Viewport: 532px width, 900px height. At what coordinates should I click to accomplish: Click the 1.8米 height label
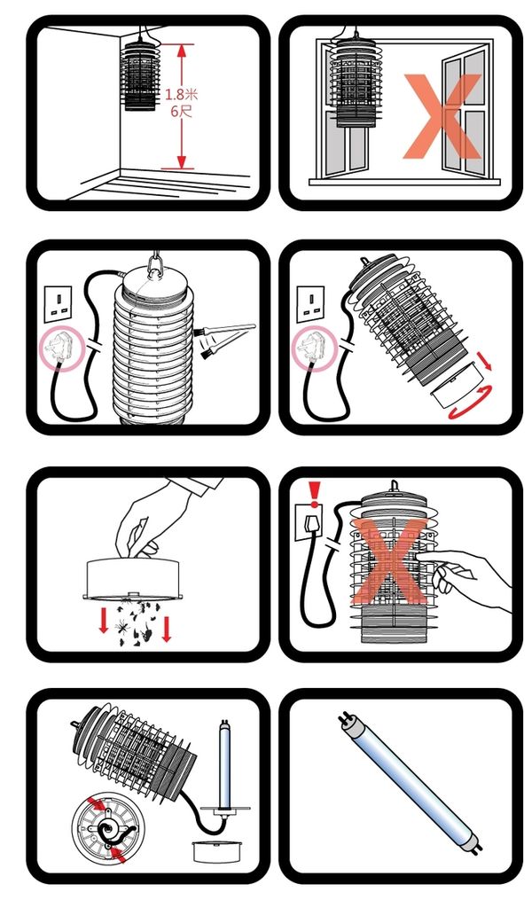click(182, 94)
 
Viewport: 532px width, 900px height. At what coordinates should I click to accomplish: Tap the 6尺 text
click(182, 110)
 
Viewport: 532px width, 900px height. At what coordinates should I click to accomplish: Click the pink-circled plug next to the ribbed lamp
click(59, 348)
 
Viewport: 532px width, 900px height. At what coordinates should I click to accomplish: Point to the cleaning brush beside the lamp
click(227, 339)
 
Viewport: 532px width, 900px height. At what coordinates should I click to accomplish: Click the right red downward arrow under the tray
click(167, 628)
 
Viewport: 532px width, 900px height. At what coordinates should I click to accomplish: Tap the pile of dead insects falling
click(136, 622)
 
